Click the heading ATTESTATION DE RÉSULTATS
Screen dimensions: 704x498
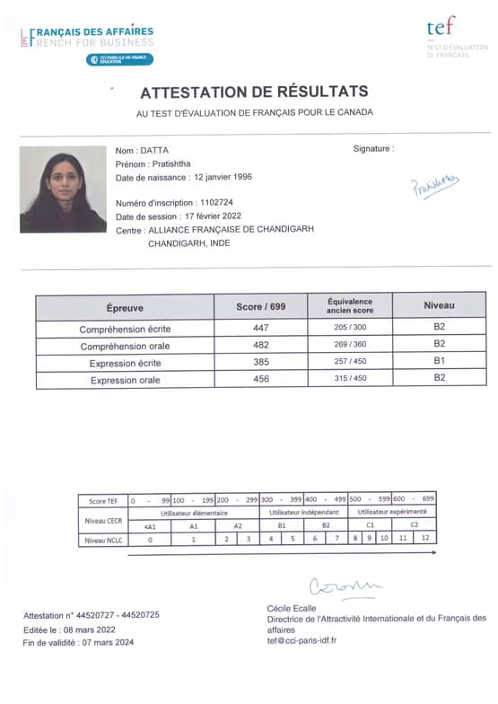(254, 92)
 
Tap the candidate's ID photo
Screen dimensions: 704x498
(63, 189)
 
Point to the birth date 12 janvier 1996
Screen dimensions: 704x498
(223, 178)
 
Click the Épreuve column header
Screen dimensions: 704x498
(125, 307)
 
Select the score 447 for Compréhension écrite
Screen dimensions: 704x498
(261, 328)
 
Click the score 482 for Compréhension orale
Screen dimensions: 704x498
(261, 345)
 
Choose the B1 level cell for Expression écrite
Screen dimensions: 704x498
(439, 362)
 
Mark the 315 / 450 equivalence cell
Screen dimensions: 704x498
(349, 379)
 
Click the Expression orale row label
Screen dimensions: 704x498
(125, 380)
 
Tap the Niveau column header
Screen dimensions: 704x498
(439, 306)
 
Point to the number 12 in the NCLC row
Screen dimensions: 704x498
(426, 539)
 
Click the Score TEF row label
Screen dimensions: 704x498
(102, 499)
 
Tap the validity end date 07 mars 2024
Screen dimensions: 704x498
(106, 642)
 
